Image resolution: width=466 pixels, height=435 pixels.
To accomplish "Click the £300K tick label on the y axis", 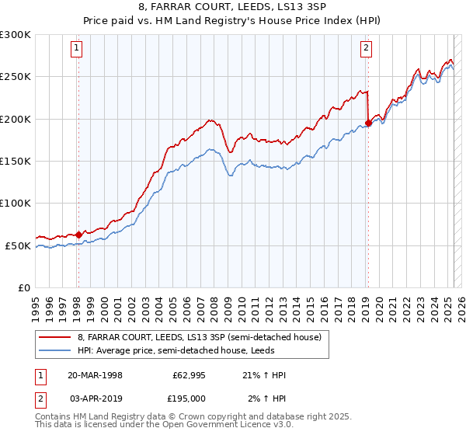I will pos(16,35).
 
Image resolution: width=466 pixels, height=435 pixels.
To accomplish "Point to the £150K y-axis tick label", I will pos(16,162).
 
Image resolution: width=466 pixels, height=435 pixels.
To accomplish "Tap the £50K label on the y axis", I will pos(18,245).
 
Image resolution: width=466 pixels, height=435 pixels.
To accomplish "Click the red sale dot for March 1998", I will pos(78,234).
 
